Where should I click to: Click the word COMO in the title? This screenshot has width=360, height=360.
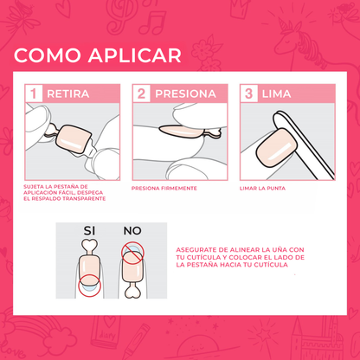pos(43,56)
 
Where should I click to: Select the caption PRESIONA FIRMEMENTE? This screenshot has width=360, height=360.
pos(164,188)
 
